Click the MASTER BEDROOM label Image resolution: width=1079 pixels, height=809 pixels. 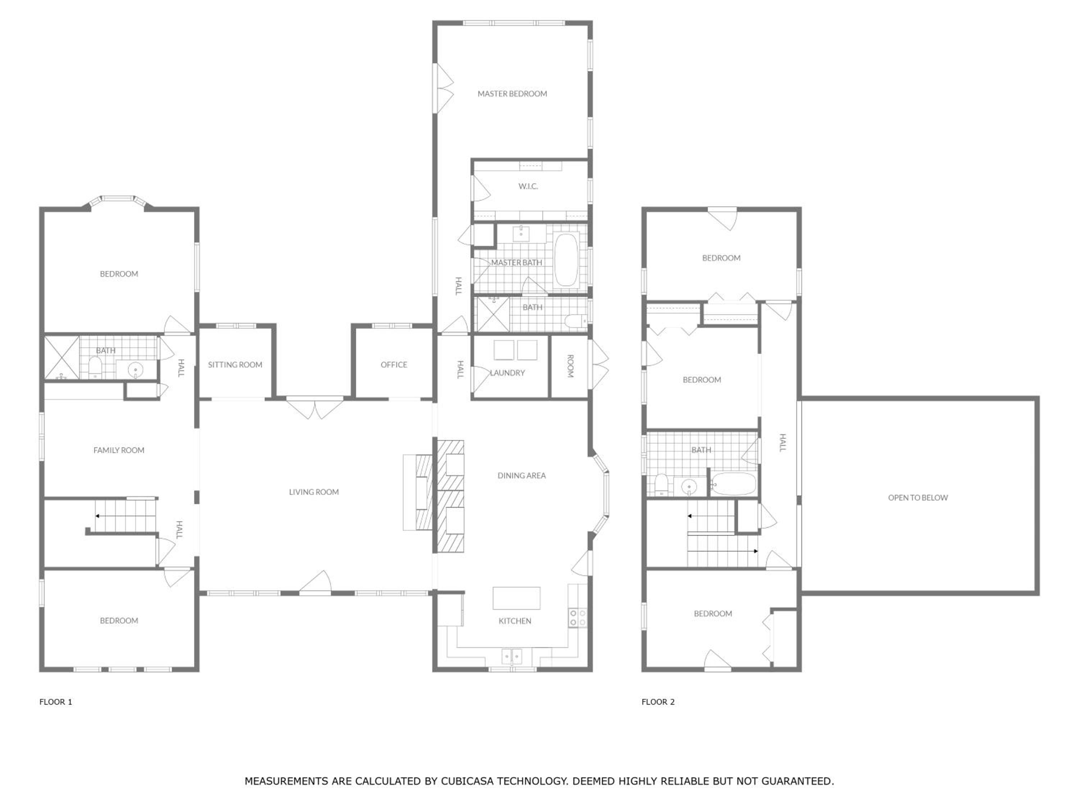[512, 93]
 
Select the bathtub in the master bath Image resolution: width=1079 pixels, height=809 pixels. [566, 260]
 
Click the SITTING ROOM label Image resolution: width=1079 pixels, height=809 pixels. [235, 365]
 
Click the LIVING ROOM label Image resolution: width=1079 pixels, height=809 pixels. [314, 492]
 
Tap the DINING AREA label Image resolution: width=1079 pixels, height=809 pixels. [522, 475]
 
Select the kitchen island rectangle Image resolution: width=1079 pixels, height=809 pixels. [516, 598]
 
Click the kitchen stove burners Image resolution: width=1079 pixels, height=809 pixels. [578, 618]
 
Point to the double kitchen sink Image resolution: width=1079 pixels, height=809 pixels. [512, 656]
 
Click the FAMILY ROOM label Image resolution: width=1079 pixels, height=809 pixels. [119, 450]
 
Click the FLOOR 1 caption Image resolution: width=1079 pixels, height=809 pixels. [56, 702]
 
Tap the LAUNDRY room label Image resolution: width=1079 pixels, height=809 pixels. [507, 372]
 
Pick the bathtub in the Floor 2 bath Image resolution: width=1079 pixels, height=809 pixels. [733, 484]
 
